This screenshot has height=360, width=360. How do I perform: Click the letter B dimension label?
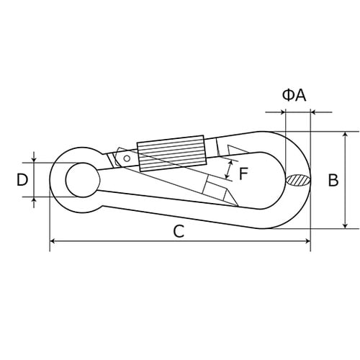coord(333,180)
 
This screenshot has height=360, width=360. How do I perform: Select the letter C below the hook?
coord(179,231)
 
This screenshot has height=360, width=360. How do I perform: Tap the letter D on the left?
coord(22,179)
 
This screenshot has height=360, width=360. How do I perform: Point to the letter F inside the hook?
coord(243,173)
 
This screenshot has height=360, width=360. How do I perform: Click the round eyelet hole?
coord(81,179)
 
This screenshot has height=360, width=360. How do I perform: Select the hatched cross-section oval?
coord(298,180)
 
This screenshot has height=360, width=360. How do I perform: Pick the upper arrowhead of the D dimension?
coord(34,159)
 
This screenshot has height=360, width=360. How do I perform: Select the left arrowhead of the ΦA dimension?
coord(282,112)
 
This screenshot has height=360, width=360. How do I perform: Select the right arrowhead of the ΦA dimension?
coord(314,112)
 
